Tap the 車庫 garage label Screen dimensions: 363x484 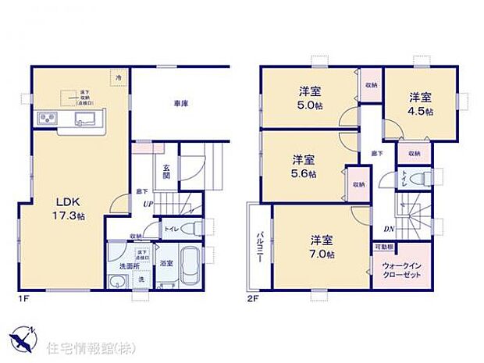[180, 103]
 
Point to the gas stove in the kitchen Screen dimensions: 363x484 [44, 119]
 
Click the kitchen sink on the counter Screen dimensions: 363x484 [84, 119]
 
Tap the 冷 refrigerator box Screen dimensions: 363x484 [119, 78]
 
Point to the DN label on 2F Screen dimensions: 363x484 [388, 229]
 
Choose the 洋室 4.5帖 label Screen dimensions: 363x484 [422, 104]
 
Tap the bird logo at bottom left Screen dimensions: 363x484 [23, 339]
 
